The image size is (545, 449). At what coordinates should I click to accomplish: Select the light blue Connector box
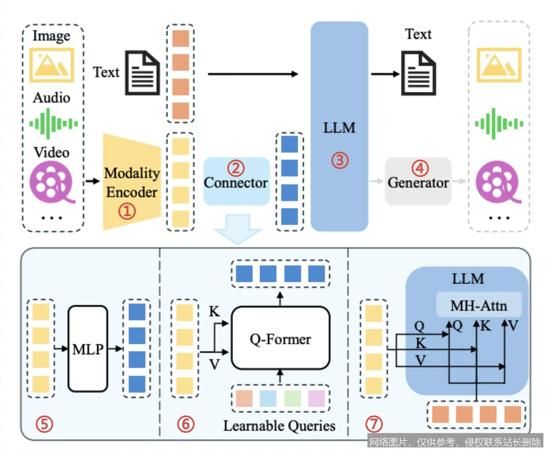click(x=236, y=181)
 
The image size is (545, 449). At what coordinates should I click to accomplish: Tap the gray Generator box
click(x=418, y=181)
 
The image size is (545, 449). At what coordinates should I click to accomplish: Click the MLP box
click(x=88, y=349)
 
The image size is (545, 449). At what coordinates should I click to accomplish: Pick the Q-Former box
click(x=280, y=339)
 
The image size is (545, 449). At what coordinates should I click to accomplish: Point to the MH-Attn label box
click(x=479, y=305)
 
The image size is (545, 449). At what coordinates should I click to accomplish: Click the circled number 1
click(x=127, y=211)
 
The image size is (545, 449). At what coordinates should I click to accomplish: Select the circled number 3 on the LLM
click(x=340, y=160)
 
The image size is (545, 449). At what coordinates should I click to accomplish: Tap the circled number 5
click(x=44, y=424)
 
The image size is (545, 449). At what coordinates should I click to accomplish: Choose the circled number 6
click(x=186, y=424)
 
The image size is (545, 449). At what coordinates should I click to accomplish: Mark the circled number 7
click(x=374, y=424)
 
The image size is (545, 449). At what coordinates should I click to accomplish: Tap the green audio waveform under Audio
click(x=53, y=124)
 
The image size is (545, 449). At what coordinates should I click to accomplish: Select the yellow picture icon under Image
click(x=52, y=65)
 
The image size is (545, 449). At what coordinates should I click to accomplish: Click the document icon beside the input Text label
click(x=142, y=73)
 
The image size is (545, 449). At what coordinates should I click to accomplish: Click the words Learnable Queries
click(x=279, y=426)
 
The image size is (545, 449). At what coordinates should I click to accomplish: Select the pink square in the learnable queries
click(x=317, y=398)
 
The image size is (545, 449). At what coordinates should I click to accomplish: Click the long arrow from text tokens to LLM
click(x=253, y=74)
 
